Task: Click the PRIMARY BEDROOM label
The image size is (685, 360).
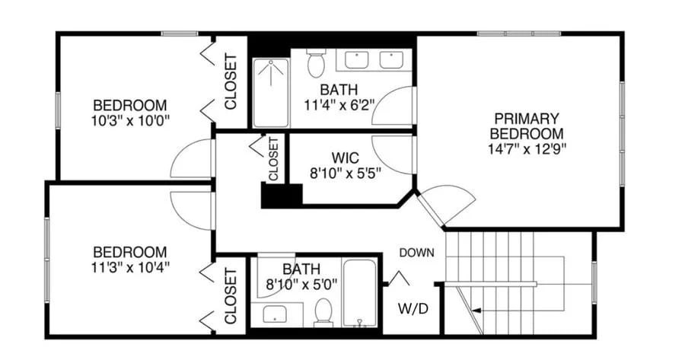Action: [x=527, y=126]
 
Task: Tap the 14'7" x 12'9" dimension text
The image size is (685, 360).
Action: [x=527, y=148]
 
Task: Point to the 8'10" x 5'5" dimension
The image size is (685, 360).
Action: [x=346, y=172]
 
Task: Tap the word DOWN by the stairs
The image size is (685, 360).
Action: [x=417, y=253]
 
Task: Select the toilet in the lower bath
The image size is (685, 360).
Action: [x=323, y=312]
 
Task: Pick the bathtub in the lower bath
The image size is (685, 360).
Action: [x=360, y=293]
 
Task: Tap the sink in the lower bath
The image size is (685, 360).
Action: [x=272, y=313]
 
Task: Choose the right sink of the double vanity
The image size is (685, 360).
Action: [x=391, y=59]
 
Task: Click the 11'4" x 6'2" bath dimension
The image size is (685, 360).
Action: [x=338, y=105]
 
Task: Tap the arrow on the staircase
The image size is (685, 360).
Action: [x=476, y=311]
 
